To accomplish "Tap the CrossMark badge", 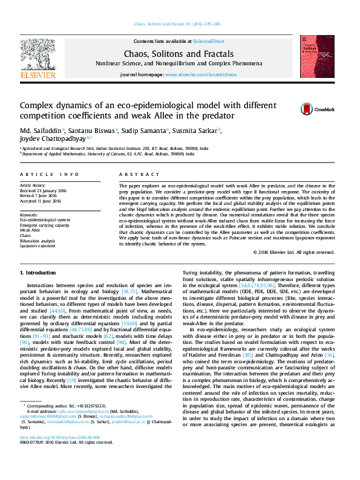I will point(313,109).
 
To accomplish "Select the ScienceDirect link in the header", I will point(208,41).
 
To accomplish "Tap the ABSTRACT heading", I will point(131,174).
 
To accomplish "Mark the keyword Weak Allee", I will point(31,230).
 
